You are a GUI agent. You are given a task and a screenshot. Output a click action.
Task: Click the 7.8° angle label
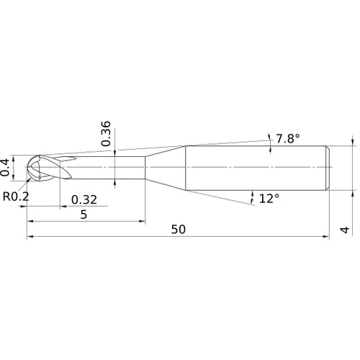289,138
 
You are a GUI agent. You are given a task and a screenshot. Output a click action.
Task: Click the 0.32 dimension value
84,199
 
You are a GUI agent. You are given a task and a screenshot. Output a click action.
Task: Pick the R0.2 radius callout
15,195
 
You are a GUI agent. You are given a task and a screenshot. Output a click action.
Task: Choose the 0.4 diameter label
6,166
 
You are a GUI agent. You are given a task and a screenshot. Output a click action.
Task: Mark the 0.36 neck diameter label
106,134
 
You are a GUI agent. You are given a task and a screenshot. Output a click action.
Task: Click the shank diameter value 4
345,230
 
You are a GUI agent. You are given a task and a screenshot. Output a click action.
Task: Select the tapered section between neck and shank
166,168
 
